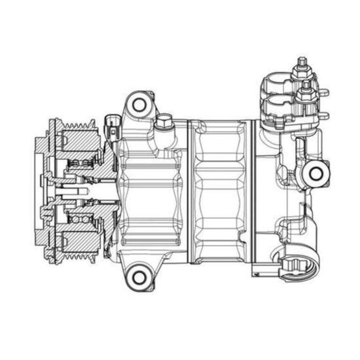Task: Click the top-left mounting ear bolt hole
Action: click(x=138, y=103)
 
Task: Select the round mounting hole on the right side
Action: click(x=317, y=173)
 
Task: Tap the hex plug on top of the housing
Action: click(x=163, y=122)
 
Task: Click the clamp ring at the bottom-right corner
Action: click(x=298, y=266)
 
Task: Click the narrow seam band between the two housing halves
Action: click(x=191, y=190)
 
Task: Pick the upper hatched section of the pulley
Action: click(x=79, y=141)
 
